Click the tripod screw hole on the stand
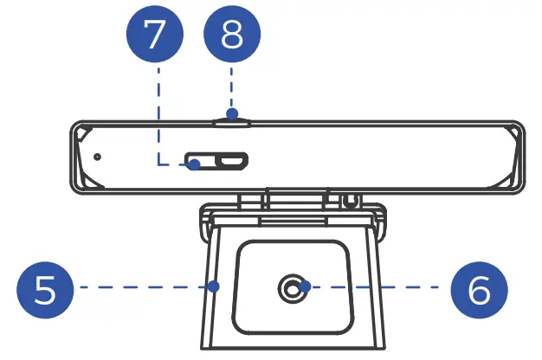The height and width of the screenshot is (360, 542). pyautogui.click(x=294, y=286)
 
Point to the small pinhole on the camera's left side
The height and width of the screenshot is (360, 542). pyautogui.click(x=97, y=157)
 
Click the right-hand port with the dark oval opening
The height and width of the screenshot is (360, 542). pyautogui.click(x=232, y=160)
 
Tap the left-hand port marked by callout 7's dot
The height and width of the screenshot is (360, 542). pyautogui.click(x=197, y=162)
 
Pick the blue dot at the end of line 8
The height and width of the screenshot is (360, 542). pyautogui.click(x=231, y=112)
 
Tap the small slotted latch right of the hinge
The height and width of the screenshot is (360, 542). pyautogui.click(x=350, y=200)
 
